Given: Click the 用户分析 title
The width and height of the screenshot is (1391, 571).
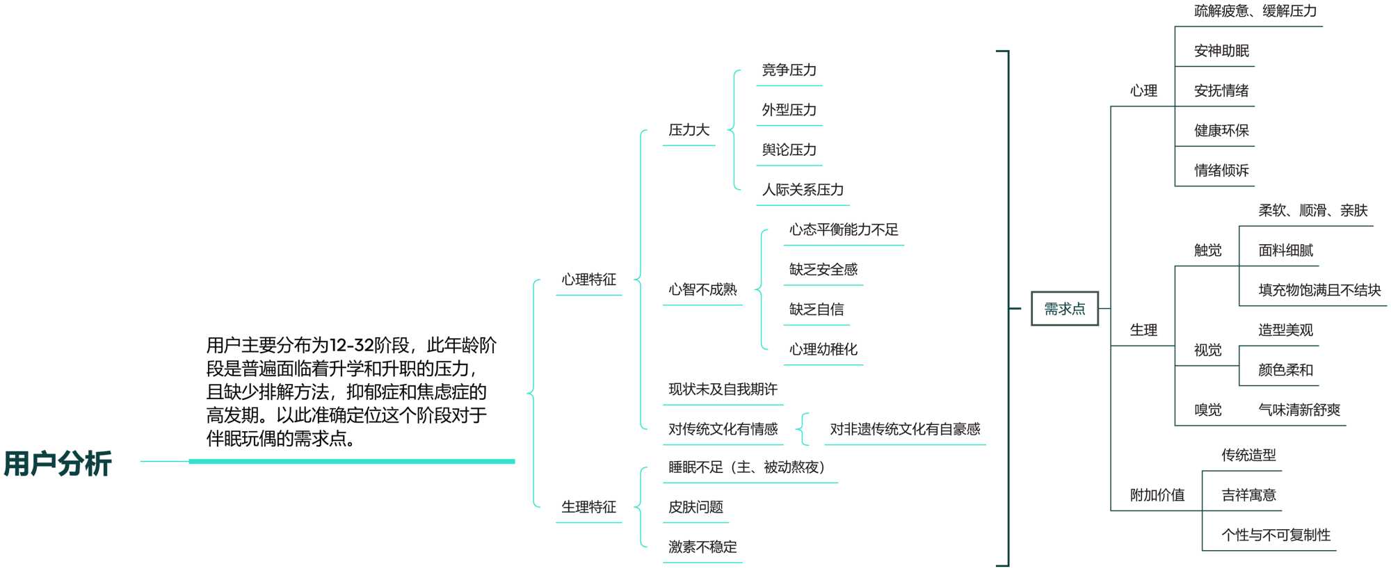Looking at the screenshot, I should click(58, 463).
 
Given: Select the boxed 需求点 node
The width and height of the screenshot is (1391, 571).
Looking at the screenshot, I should click(1064, 309).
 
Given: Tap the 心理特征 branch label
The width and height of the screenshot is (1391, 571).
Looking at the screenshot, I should click(588, 280).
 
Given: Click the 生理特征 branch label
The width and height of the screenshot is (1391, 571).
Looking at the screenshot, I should click(588, 507).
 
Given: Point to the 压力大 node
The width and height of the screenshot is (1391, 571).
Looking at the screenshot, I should click(689, 130).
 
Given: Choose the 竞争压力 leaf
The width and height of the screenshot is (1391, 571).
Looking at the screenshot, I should click(789, 70).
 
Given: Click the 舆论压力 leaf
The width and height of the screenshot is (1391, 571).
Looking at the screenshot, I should click(789, 150).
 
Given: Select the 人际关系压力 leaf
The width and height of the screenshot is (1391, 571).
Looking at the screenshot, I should click(803, 190).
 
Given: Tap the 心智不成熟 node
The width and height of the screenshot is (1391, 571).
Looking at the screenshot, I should click(702, 289).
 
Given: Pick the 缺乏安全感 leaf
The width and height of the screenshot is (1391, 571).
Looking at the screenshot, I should click(823, 269).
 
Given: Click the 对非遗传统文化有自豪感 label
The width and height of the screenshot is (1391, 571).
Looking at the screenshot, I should click(905, 429).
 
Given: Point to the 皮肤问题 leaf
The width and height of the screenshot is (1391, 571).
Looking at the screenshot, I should click(695, 507).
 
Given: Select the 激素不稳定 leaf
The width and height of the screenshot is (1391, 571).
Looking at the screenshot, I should click(702, 547).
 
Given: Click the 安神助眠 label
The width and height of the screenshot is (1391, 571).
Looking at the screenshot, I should click(1221, 51).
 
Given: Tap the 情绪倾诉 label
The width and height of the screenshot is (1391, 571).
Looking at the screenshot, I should click(1221, 170).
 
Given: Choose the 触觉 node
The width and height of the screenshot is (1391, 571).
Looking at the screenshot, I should click(1207, 250).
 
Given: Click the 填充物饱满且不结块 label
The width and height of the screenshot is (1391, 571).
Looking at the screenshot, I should click(1319, 290).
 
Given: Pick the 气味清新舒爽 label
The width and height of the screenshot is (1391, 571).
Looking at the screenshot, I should click(1298, 410).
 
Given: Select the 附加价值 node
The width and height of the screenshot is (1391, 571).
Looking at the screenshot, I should click(1157, 495).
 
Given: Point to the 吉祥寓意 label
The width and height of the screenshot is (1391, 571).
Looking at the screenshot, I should click(1248, 495).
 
